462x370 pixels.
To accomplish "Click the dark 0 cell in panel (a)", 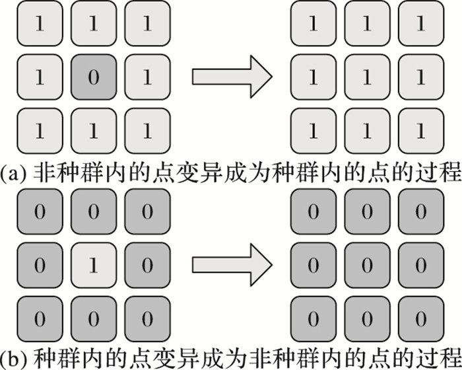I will (x=93, y=77).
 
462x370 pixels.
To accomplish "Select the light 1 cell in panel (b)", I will (x=93, y=265).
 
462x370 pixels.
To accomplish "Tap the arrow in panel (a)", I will (x=232, y=77).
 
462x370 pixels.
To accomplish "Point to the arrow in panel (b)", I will (x=232, y=265).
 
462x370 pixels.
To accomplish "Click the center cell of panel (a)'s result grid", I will (x=367, y=77).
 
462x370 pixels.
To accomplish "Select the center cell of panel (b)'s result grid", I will (x=367, y=265).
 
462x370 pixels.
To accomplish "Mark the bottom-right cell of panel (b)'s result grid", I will (x=420, y=318).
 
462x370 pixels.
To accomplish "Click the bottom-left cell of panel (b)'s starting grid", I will (x=40, y=318).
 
